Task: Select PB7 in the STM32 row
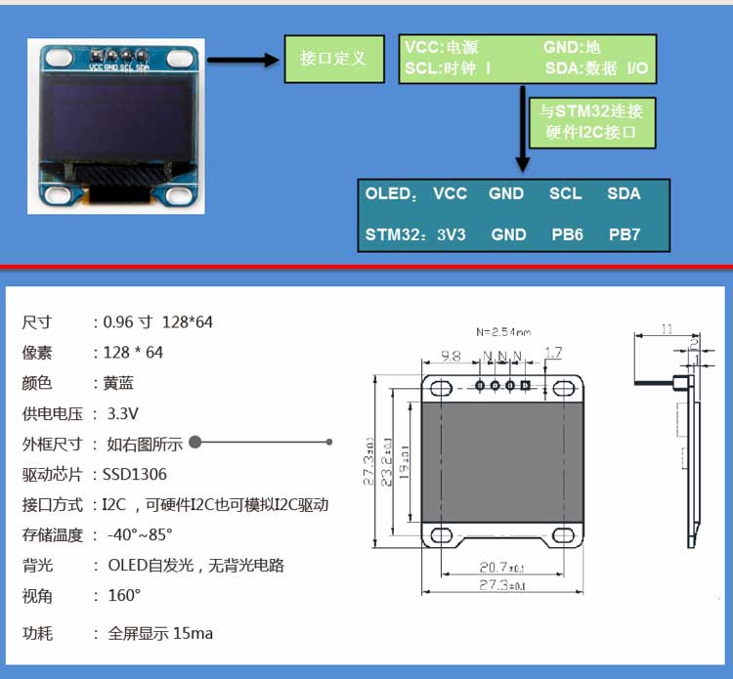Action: coord(625,234)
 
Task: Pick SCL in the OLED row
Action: coord(565,193)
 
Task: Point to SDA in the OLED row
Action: coord(624,193)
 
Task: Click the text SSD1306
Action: coord(135,475)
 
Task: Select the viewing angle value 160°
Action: coord(124,595)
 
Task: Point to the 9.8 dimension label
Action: coord(451,356)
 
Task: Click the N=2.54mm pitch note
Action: coord(503,331)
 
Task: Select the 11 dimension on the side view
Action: coord(667,330)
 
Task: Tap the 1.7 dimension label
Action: coord(553,353)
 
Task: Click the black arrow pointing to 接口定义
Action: coord(243,60)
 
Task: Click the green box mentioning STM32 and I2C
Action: coord(591,122)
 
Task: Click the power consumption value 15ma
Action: coord(193,633)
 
